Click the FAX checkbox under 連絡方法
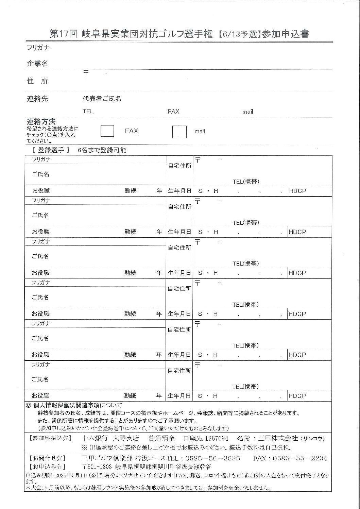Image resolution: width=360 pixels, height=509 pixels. (x=107, y=131)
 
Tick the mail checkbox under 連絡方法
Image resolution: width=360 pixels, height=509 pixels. (x=179, y=132)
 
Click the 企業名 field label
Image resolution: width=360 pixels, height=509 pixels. (x=37, y=64)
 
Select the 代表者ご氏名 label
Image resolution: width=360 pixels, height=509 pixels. (x=102, y=99)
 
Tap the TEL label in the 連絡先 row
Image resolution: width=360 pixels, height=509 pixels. (x=88, y=111)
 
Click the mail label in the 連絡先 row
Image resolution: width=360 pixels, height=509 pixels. (x=247, y=112)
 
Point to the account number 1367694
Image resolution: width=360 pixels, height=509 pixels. (x=217, y=438)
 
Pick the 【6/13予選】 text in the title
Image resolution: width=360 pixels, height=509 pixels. (x=239, y=34)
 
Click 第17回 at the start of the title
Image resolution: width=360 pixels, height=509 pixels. (x=64, y=34)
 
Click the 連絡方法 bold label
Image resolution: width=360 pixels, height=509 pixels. (x=41, y=122)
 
